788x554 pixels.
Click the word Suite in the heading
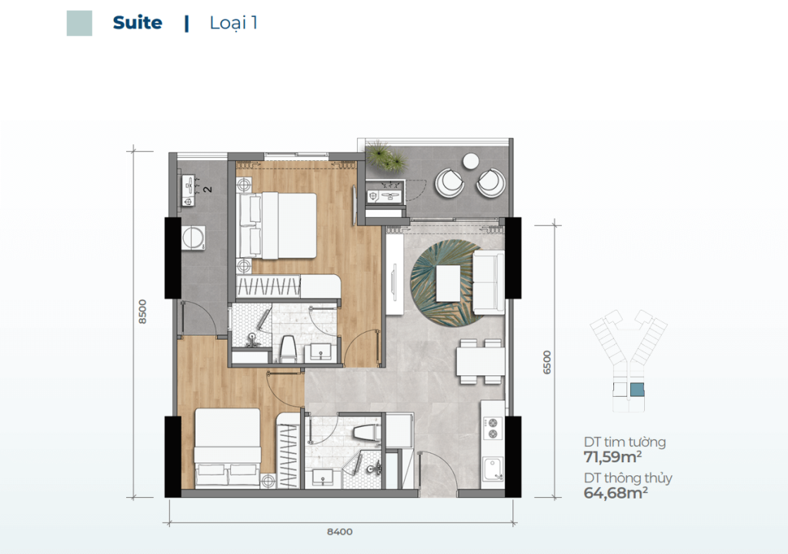pos(137,22)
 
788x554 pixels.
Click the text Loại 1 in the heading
pos(233,23)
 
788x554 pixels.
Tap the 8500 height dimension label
pos(142,311)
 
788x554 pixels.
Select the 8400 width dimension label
pos(339,532)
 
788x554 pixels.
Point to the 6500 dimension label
pos(547,362)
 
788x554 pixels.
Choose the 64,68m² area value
pos(616,492)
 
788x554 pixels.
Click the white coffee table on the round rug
pos(449,284)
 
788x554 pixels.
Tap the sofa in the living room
pos(489,282)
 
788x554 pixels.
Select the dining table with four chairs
pos(480,361)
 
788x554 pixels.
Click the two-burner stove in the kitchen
pos(492,428)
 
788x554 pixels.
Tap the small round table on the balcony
pos(471,161)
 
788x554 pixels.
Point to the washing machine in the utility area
pos(193,238)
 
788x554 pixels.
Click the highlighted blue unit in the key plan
pos(636,389)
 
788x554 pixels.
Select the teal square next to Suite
pos(79,23)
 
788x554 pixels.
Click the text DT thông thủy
pos(628,478)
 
